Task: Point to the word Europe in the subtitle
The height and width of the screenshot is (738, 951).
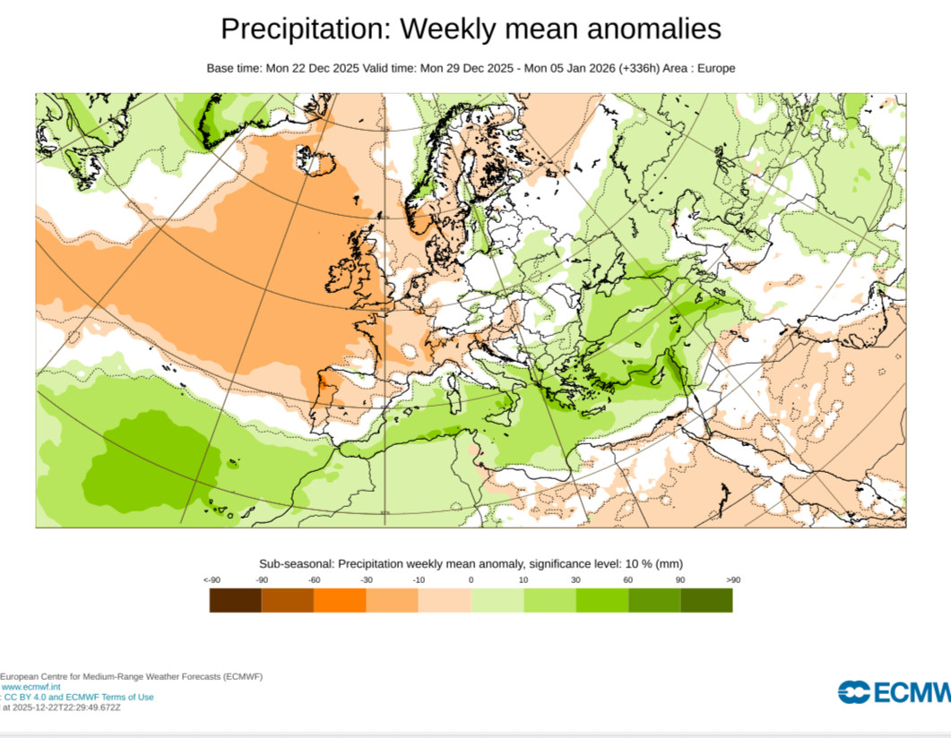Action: coord(716,68)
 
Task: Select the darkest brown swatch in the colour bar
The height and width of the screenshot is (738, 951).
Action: coord(236,600)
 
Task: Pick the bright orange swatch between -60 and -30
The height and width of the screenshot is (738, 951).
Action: coord(340,600)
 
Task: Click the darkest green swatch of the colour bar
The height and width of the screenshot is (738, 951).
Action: coord(706,600)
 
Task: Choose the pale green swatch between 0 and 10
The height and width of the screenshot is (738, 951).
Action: coord(497,600)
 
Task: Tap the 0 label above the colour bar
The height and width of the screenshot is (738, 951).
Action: coord(471,579)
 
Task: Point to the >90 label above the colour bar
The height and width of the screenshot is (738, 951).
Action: coord(733,579)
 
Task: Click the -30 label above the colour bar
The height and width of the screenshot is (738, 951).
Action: coord(367,579)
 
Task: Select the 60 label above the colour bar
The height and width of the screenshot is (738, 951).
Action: coord(628,579)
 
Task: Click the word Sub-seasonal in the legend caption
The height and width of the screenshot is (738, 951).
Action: coord(297,563)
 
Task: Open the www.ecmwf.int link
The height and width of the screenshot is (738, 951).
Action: coord(31,687)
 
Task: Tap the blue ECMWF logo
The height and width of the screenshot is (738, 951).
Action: coord(895,692)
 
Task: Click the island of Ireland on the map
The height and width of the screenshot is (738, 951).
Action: coord(341,275)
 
